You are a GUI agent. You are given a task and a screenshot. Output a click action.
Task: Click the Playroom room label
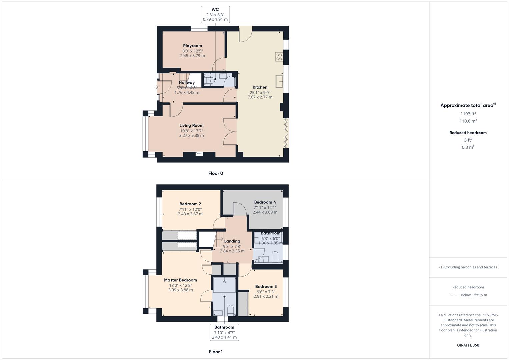click(192, 46)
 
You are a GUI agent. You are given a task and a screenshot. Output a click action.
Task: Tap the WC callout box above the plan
click(215, 15)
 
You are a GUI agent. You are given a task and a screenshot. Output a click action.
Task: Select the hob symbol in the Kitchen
click(279, 57)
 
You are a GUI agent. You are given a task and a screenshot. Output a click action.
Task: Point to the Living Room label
click(191, 126)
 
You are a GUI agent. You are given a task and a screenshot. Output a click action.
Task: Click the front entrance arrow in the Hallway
click(156, 87)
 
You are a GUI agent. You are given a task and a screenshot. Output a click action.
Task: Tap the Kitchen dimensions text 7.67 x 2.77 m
click(260, 97)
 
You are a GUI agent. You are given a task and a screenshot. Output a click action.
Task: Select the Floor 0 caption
click(216, 173)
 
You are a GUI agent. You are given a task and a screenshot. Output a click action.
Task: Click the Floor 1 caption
click(216, 352)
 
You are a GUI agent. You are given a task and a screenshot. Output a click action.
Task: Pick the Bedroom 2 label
click(190, 204)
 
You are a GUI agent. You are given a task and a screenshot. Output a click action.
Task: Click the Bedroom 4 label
click(265, 202)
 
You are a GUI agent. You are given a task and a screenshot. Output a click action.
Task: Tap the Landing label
click(232, 241)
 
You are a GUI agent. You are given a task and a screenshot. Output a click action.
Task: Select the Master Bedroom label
click(180, 280)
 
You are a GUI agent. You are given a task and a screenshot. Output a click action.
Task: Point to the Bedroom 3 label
click(266, 286)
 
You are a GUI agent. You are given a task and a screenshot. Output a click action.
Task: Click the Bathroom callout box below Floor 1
click(224, 332)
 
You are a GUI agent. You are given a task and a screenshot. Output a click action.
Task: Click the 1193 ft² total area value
click(468, 114)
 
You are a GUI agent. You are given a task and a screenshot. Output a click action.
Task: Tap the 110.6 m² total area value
click(468, 121)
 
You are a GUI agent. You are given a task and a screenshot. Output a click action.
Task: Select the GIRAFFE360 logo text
click(468, 345)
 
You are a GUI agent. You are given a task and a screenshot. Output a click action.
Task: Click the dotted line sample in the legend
click(454, 295)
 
